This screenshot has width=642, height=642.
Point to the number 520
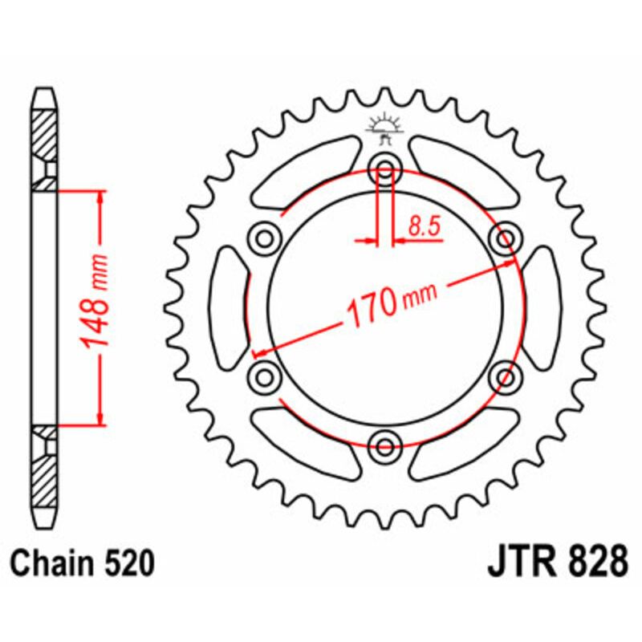tap(128, 563)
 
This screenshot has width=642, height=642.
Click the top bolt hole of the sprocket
tap(384, 169)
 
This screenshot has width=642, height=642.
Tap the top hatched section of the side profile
tap(45, 132)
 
